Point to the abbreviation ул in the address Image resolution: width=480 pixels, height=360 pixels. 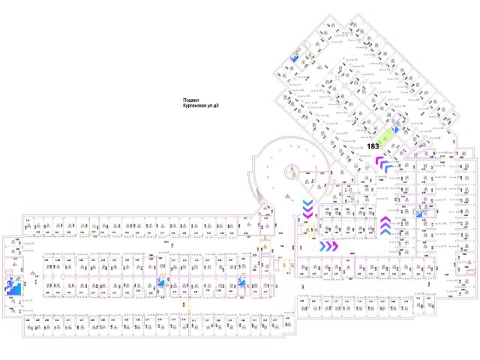coord(212,106)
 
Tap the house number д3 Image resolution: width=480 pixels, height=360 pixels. coord(218,106)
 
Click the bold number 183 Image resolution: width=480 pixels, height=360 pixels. coord(373,145)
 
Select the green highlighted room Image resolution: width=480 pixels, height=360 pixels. coord(388,138)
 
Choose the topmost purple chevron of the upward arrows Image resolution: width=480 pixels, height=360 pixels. coord(385,219)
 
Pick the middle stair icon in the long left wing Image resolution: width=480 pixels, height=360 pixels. coord(160,283)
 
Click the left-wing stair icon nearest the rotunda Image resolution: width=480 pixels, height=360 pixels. coord(241,283)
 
